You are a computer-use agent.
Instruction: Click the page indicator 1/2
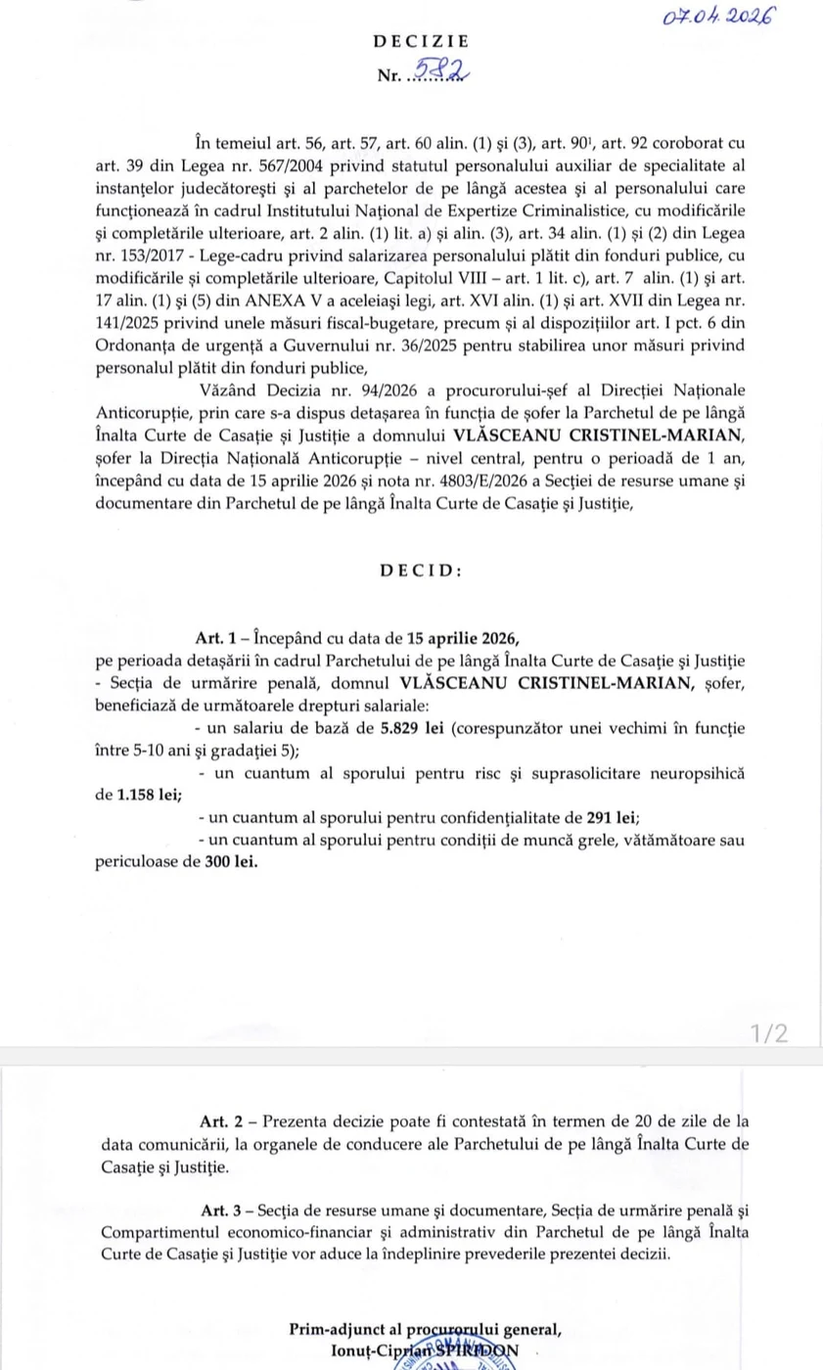[x=769, y=1033]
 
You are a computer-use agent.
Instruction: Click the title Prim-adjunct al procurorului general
[x=425, y=1329]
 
